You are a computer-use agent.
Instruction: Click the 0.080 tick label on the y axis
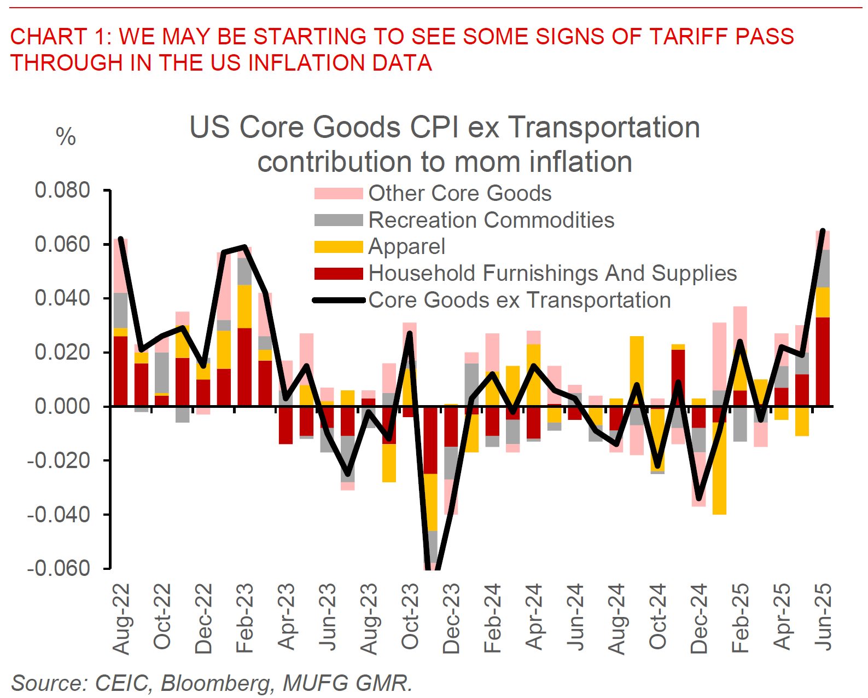[x=62, y=191]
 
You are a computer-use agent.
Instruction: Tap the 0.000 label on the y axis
[x=62, y=406]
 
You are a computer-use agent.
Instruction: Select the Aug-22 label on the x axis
[x=121, y=619]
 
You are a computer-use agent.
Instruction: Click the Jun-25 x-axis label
[x=823, y=616]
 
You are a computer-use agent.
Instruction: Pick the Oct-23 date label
[x=410, y=616]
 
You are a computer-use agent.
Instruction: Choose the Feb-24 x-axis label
[x=493, y=618]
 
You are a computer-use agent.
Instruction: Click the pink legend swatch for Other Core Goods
[x=339, y=193]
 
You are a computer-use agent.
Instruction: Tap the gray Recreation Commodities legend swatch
[x=339, y=220]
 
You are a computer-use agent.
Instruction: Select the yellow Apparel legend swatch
[x=339, y=247]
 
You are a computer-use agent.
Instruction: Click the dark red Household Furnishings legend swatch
[x=339, y=274]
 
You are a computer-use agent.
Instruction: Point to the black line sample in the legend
[x=339, y=300]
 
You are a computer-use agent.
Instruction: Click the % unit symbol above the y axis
[x=66, y=137]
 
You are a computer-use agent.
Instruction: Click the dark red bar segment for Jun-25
[x=823, y=361]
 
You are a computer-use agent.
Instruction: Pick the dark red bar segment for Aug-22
[x=121, y=371]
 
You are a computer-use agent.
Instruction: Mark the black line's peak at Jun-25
[x=823, y=231]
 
